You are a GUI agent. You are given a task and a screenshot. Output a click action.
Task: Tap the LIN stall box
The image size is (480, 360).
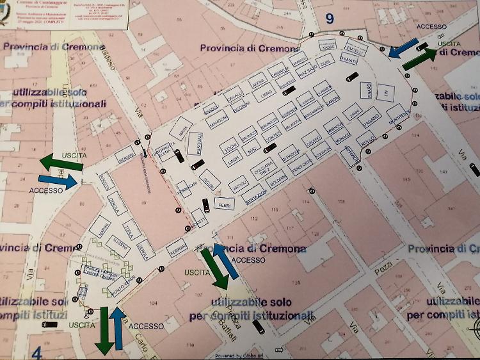(386, 94)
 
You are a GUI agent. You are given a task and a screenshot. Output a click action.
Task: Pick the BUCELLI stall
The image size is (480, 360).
(355, 49)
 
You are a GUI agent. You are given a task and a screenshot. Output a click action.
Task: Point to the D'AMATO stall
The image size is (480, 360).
(349, 60)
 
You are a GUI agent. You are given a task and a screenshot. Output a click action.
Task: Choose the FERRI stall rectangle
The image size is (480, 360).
(224, 205)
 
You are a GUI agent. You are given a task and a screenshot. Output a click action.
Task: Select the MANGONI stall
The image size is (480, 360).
(218, 119)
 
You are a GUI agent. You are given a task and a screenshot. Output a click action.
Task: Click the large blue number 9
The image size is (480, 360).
(330, 19)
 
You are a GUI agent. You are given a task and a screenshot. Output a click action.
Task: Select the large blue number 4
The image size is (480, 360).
(36, 352)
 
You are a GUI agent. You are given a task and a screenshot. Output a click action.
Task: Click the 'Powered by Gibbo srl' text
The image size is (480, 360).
(240, 356)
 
